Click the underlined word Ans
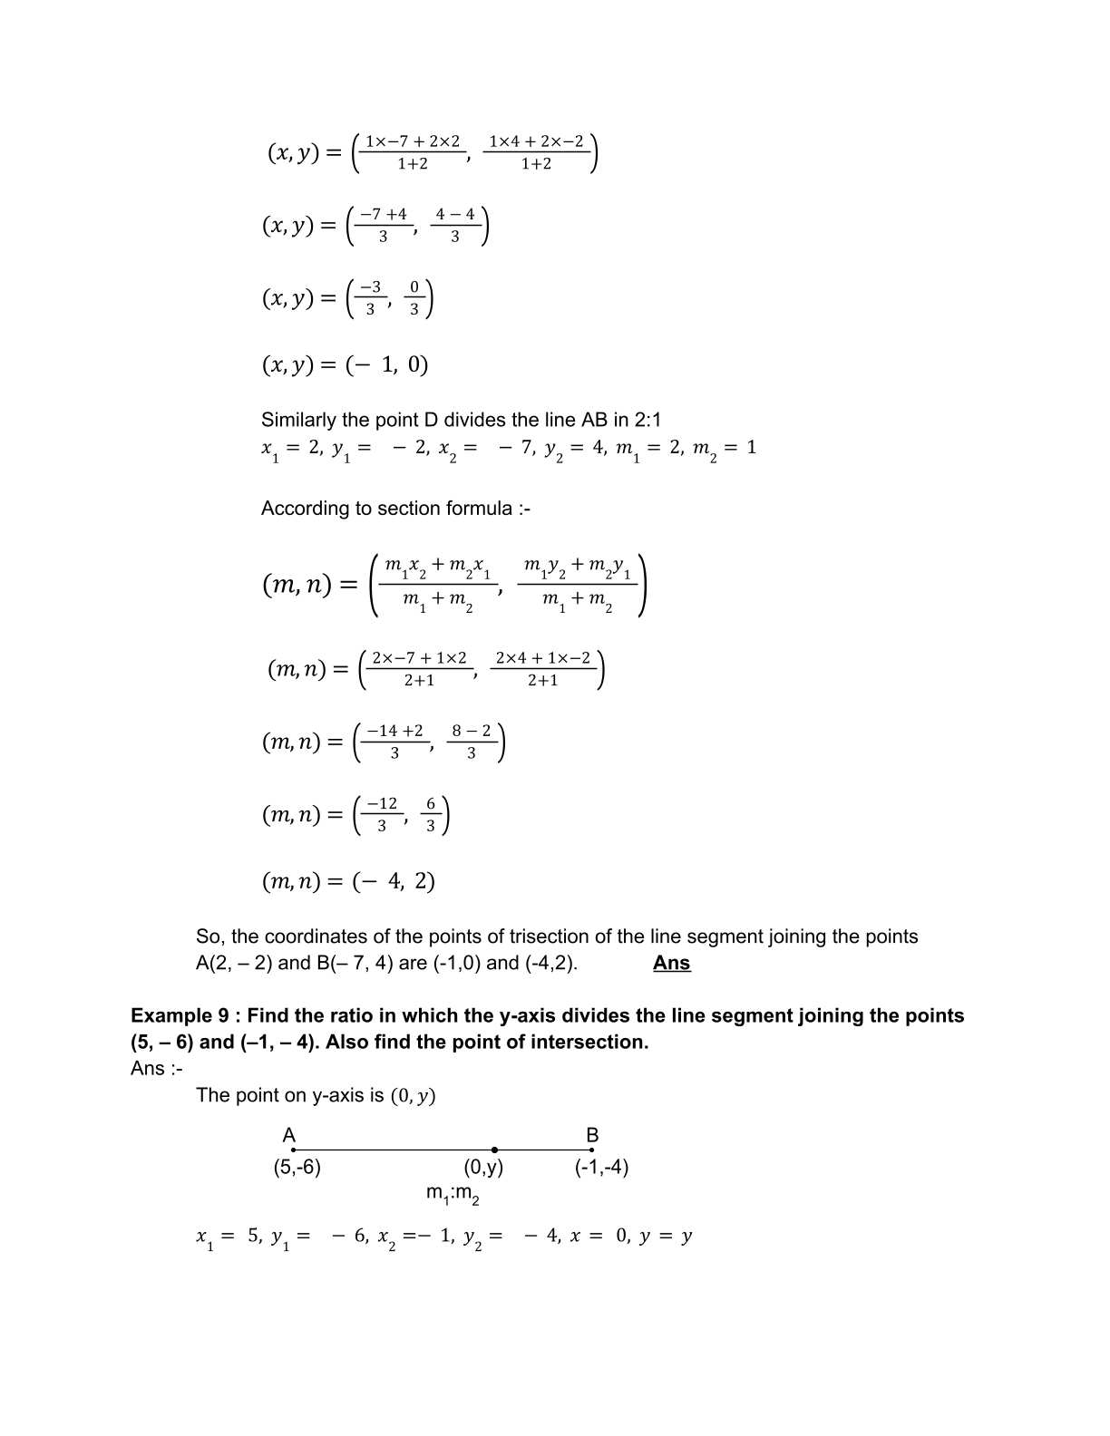671,963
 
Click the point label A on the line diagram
289,1135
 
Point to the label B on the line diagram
592,1135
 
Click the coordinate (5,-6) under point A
297,1167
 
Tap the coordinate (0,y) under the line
483,1167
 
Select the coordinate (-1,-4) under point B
601,1167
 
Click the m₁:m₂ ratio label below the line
453,1194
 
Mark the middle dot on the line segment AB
494,1150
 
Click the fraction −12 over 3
382,814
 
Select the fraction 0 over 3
414,298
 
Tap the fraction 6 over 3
430,814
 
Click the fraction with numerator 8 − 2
471,742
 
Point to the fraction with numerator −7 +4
383,225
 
